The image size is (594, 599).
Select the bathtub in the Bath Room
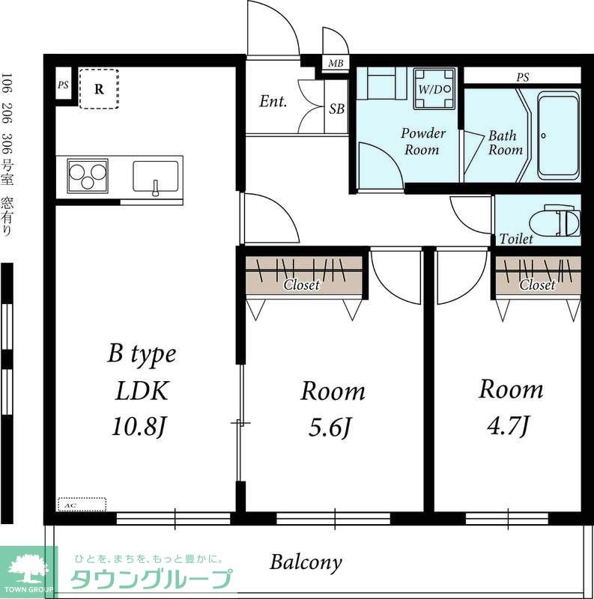pos(558,136)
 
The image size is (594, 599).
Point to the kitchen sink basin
pos(156,177)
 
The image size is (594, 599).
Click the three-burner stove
pos(88,177)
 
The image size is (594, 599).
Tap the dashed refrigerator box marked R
pos(99,88)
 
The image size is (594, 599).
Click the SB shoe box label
pos(337,109)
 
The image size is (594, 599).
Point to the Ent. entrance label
pos(273,102)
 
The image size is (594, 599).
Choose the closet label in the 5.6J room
pos(301,285)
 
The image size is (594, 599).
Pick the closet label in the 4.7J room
pos(537,285)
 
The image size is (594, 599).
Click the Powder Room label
pos(422,142)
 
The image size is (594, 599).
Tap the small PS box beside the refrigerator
pos(63,85)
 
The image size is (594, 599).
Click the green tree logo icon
pos(28,568)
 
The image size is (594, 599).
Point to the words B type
pos(142,354)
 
